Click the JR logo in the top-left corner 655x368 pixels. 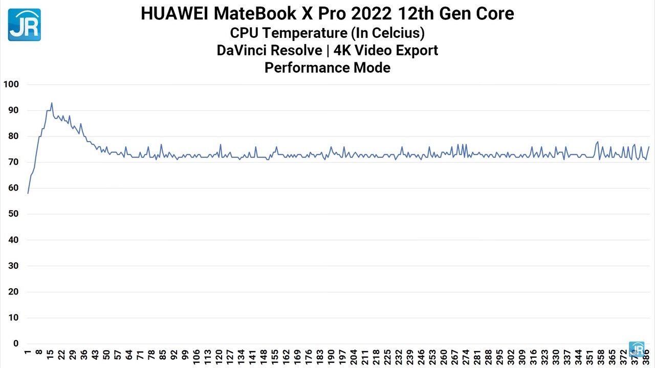pos(24,25)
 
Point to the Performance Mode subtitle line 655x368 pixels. pos(327,67)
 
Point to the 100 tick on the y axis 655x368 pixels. pos(11,84)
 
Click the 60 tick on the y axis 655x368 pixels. pos(13,188)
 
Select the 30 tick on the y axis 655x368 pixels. pos(13,266)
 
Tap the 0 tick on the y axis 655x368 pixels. pos(16,343)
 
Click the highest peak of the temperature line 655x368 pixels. pos(52,103)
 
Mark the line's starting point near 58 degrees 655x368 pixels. pos(28,193)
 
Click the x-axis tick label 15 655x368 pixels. pos(50,355)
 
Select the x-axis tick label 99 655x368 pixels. pos(185,357)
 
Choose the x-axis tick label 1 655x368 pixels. pos(28,353)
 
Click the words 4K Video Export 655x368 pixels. pos(385,51)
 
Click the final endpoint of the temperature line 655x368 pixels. pos(648,147)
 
